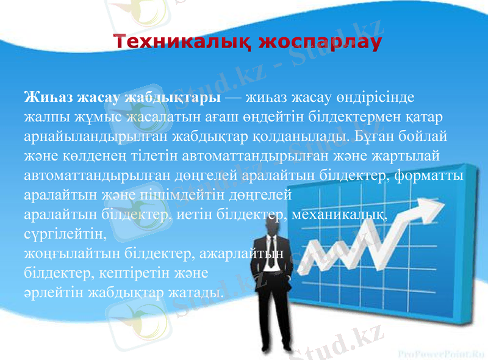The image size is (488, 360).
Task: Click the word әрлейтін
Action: [x=53, y=292]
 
